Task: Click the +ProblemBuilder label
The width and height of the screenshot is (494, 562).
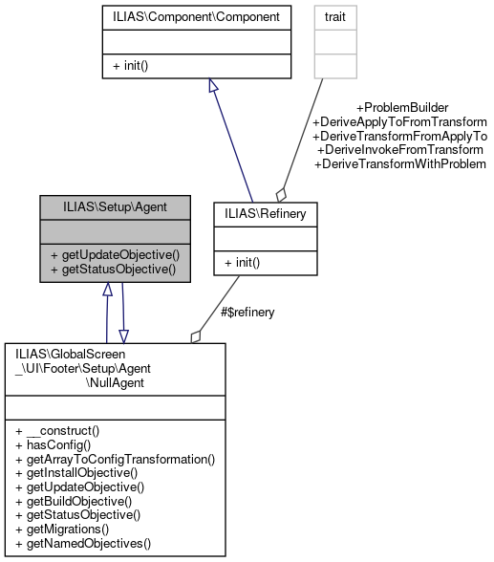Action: (401, 108)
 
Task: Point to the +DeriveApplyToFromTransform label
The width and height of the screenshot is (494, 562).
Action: (399, 122)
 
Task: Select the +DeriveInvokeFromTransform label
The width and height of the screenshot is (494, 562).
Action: (402, 150)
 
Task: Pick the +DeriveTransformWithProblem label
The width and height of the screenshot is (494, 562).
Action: (400, 164)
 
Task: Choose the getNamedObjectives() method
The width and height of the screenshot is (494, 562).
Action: (83, 543)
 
